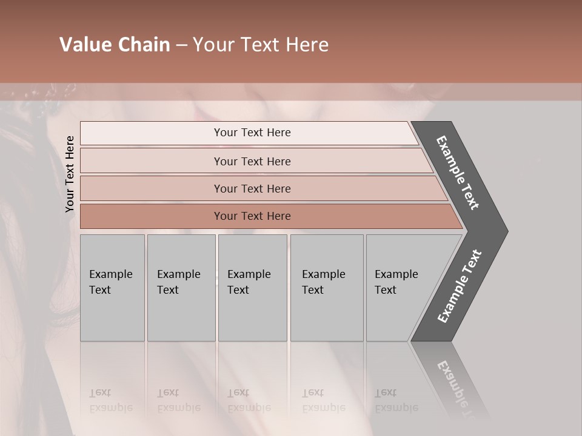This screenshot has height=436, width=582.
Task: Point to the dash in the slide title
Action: click(181, 45)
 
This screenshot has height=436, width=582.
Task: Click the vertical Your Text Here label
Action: click(70, 174)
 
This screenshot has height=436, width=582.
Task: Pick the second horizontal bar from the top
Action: click(252, 161)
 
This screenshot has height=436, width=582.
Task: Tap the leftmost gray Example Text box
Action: click(112, 288)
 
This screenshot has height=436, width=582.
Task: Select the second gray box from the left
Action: click(181, 288)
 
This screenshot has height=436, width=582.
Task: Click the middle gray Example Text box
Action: click(252, 288)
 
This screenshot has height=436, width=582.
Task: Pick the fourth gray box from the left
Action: click(326, 288)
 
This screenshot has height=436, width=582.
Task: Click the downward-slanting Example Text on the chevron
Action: click(458, 173)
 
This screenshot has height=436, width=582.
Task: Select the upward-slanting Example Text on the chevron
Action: click(460, 286)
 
